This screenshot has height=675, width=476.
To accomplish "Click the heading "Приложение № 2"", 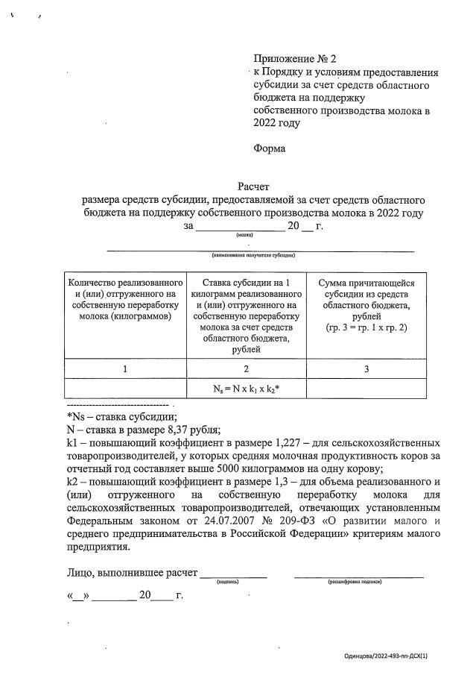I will point(296,58).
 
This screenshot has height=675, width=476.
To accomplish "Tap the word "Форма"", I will point(269,148).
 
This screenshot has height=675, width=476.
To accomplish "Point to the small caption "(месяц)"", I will point(244,235).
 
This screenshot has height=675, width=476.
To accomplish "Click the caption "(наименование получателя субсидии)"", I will point(253,255).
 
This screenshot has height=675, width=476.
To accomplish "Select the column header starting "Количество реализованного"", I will point(125,299).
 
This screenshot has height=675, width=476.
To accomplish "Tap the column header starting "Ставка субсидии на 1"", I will point(246,315).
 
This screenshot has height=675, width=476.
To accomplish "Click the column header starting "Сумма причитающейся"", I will point(366,305).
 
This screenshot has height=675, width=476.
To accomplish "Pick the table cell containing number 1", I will point(125,368).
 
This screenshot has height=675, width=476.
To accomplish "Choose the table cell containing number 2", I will point(246,368).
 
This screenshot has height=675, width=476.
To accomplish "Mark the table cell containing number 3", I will point(366,368).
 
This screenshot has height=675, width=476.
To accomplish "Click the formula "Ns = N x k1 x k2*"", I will point(247,389).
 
